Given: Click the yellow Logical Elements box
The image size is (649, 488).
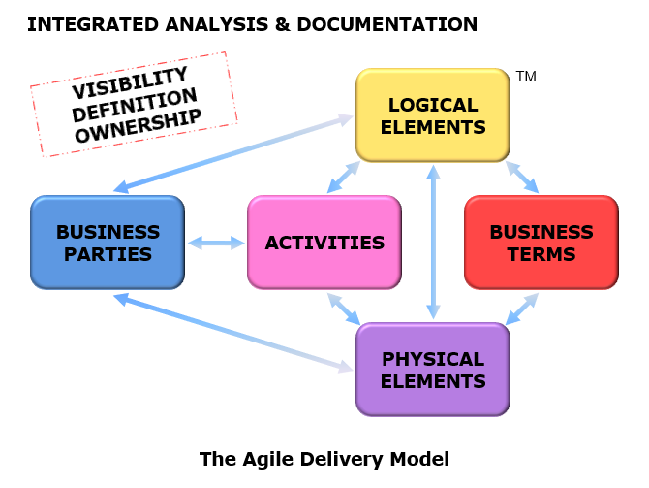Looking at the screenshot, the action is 433,115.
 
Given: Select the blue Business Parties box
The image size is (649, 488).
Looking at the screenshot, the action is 108,243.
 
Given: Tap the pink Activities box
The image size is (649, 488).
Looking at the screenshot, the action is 324,243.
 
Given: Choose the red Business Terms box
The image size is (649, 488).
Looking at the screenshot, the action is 541,243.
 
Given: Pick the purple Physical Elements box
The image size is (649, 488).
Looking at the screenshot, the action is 433,370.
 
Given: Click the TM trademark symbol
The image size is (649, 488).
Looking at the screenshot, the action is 526,77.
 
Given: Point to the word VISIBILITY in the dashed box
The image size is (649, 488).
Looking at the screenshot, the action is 130,82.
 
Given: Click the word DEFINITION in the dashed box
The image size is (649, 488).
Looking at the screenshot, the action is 134,106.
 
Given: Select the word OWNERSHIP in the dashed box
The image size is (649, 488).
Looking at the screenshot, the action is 138,125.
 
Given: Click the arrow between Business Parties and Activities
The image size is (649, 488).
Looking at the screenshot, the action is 216,243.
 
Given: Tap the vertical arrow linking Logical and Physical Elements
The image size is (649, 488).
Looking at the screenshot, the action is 433,243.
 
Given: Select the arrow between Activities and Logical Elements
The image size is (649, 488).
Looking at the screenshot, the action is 343,178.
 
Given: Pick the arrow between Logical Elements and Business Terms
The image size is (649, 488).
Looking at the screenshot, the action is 522,178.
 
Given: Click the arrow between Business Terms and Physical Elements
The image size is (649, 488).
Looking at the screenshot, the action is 522,309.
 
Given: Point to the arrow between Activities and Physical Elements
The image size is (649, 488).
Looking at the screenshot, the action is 343,309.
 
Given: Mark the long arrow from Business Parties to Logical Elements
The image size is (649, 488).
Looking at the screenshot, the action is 233,154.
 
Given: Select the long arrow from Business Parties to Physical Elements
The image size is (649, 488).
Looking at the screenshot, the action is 233,333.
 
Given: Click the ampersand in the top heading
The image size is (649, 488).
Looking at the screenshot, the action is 282,24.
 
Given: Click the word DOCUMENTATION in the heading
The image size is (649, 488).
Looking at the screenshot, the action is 387,24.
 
